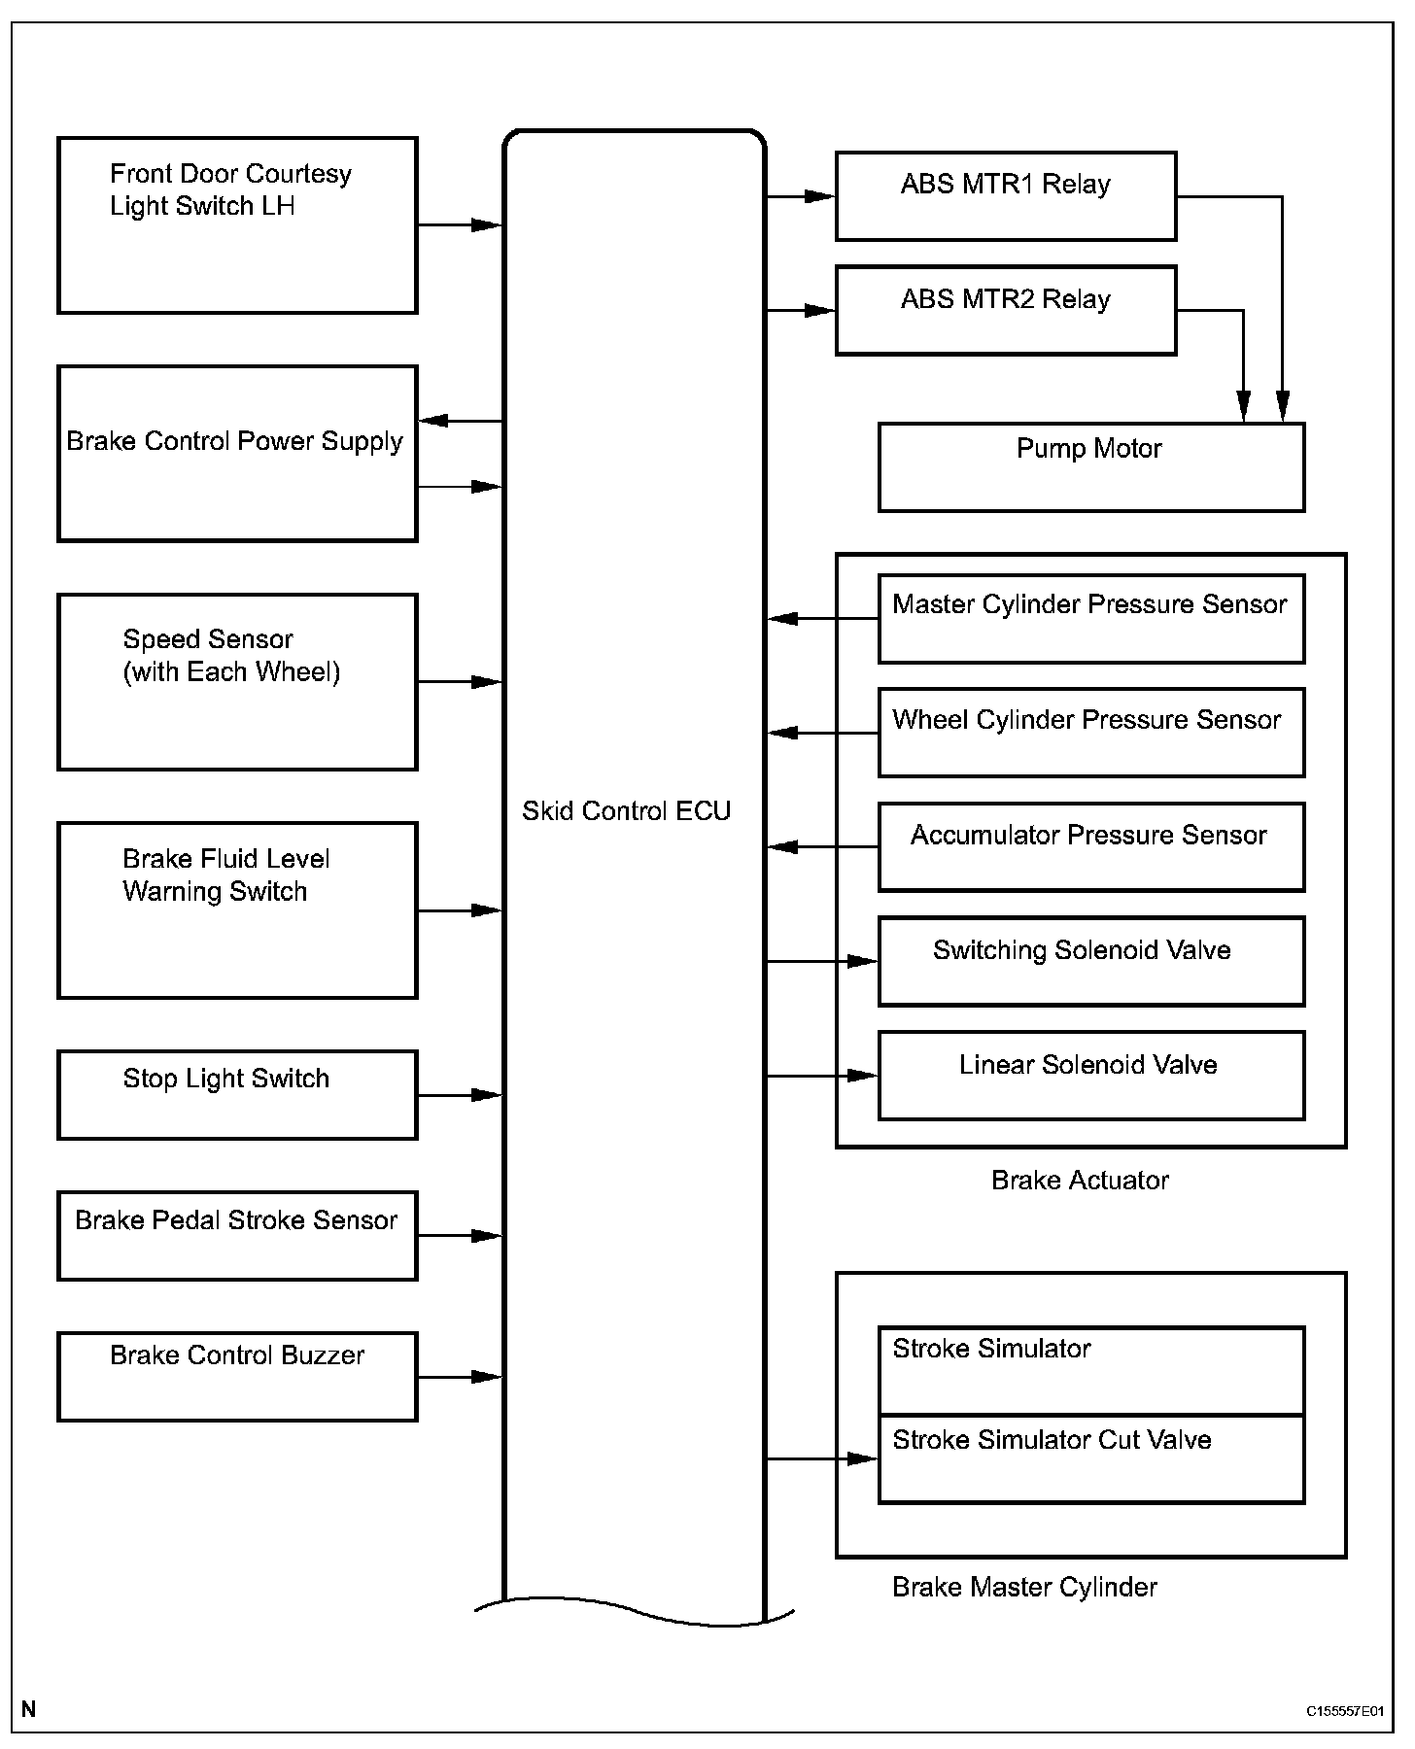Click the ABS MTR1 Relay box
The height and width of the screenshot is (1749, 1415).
1005,196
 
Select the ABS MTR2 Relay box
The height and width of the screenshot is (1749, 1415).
1005,310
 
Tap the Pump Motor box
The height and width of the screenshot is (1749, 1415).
1090,467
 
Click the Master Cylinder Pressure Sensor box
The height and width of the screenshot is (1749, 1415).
1090,619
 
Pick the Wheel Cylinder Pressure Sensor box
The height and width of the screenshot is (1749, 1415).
1090,733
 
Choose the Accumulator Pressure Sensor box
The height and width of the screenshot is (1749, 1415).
1090,847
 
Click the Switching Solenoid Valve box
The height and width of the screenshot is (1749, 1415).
1090,961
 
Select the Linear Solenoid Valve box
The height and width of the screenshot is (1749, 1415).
1090,1076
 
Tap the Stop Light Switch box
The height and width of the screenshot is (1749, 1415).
237,1095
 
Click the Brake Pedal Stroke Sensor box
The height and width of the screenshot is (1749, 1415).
237,1236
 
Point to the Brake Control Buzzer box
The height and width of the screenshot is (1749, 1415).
237,1377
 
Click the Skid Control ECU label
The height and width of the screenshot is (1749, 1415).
626,811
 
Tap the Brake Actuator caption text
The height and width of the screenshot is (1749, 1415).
1080,1181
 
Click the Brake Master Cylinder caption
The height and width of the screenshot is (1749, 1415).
1024,1588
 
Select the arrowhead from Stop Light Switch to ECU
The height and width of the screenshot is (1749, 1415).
486,1095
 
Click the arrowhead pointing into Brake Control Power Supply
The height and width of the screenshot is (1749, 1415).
433,421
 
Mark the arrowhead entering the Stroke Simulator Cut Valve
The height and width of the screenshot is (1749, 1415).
862,1458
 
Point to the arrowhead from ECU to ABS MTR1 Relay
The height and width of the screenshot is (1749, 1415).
819,196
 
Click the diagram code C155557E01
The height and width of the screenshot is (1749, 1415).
1344,1711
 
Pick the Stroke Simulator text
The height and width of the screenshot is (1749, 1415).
991,1349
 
